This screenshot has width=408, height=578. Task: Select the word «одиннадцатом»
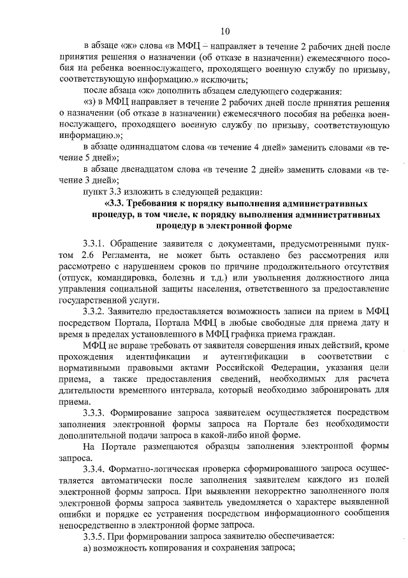pyautogui.click(x=162, y=148)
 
